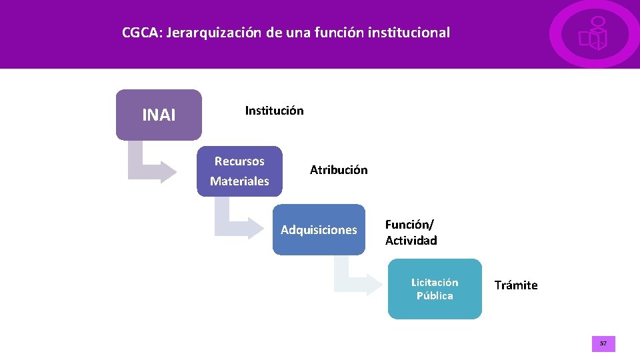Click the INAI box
tap(159, 115)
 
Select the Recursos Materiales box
tap(239, 171)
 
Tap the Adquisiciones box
tap(319, 230)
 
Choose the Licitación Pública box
tap(435, 289)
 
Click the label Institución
tap(274, 111)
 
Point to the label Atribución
tap(339, 170)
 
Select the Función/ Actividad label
tap(411, 233)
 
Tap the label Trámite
tap(516, 285)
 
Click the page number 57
tap(603, 344)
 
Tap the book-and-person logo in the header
tap(593, 34)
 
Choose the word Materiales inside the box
tap(239, 181)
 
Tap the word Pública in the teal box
tap(435, 296)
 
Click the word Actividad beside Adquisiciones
tap(411, 241)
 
